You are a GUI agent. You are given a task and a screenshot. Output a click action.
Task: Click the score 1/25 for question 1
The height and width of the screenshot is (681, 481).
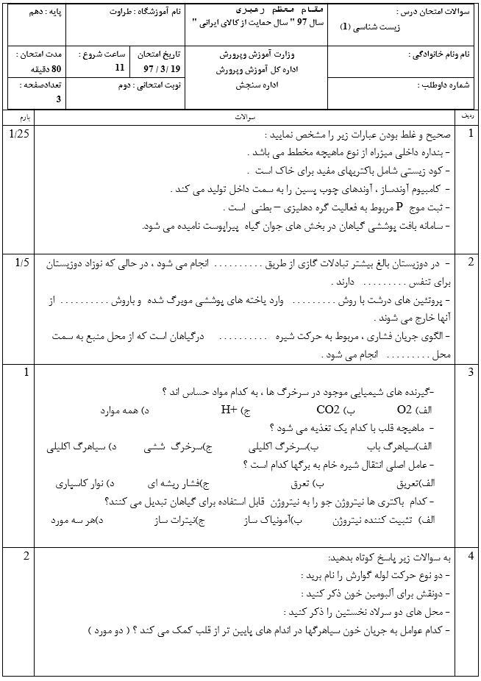pyautogui.click(x=21, y=133)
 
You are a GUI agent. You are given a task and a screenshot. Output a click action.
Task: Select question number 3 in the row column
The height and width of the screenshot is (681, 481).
pyautogui.click(x=471, y=373)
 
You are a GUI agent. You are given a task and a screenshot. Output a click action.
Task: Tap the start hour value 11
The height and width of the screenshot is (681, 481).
pyautogui.click(x=121, y=68)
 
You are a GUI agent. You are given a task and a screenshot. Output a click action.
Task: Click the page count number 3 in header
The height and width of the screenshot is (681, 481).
pyautogui.click(x=59, y=99)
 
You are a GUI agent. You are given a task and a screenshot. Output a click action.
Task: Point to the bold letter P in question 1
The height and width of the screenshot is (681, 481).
pyautogui.click(x=399, y=207)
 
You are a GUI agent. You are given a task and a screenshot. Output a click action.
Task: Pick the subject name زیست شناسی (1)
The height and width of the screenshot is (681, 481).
pyautogui.click(x=369, y=26)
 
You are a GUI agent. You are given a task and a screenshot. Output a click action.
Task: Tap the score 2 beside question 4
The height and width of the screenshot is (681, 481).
pyautogui.click(x=26, y=555)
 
